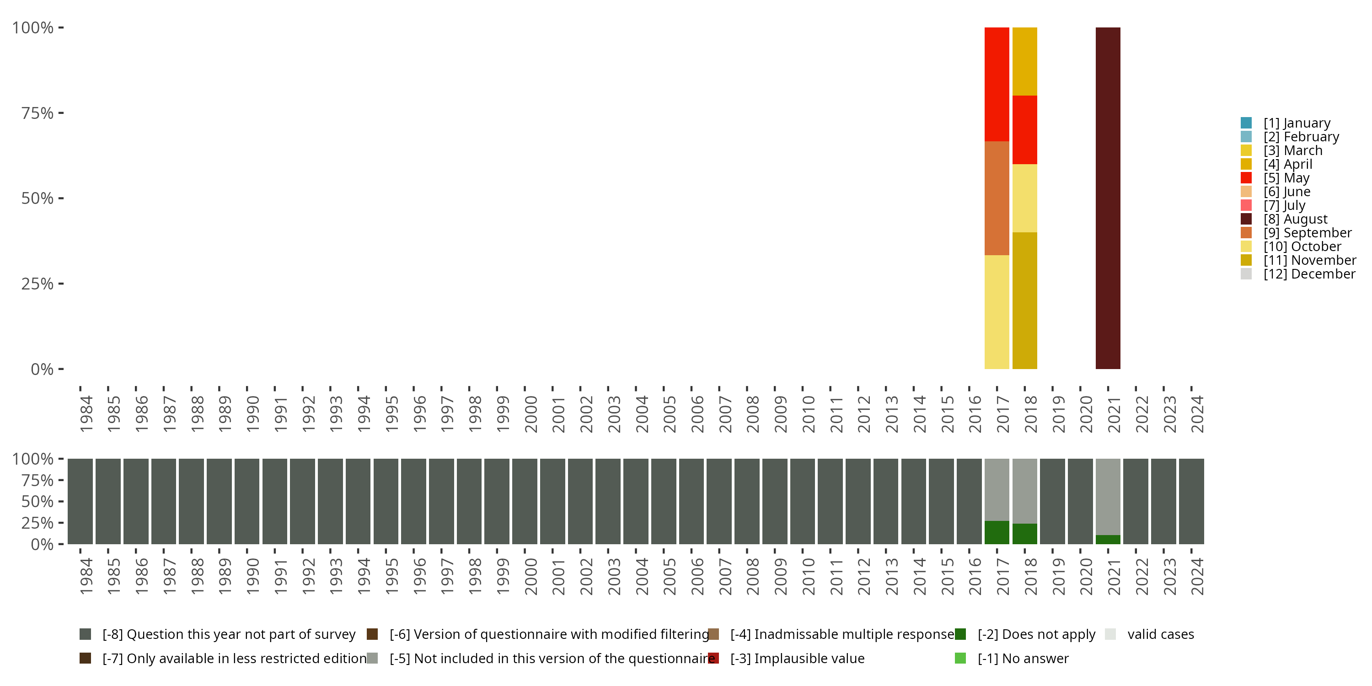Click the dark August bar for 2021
point(1108,198)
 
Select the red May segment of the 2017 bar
point(997,84)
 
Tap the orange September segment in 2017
point(997,198)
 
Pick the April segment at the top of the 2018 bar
point(1024,61)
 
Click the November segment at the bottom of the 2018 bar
point(1024,300)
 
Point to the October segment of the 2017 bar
point(997,312)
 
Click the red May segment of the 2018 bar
point(1024,130)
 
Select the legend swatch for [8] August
point(1246,219)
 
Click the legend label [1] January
point(1297,123)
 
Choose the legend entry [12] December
point(1309,274)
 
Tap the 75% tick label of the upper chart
point(38,113)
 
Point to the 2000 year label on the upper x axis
point(531,414)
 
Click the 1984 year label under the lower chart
point(86,576)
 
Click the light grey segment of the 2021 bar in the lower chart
point(1108,496)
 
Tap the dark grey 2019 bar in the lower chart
point(1052,501)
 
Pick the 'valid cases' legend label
point(1161,634)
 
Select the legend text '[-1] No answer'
point(1023,658)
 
